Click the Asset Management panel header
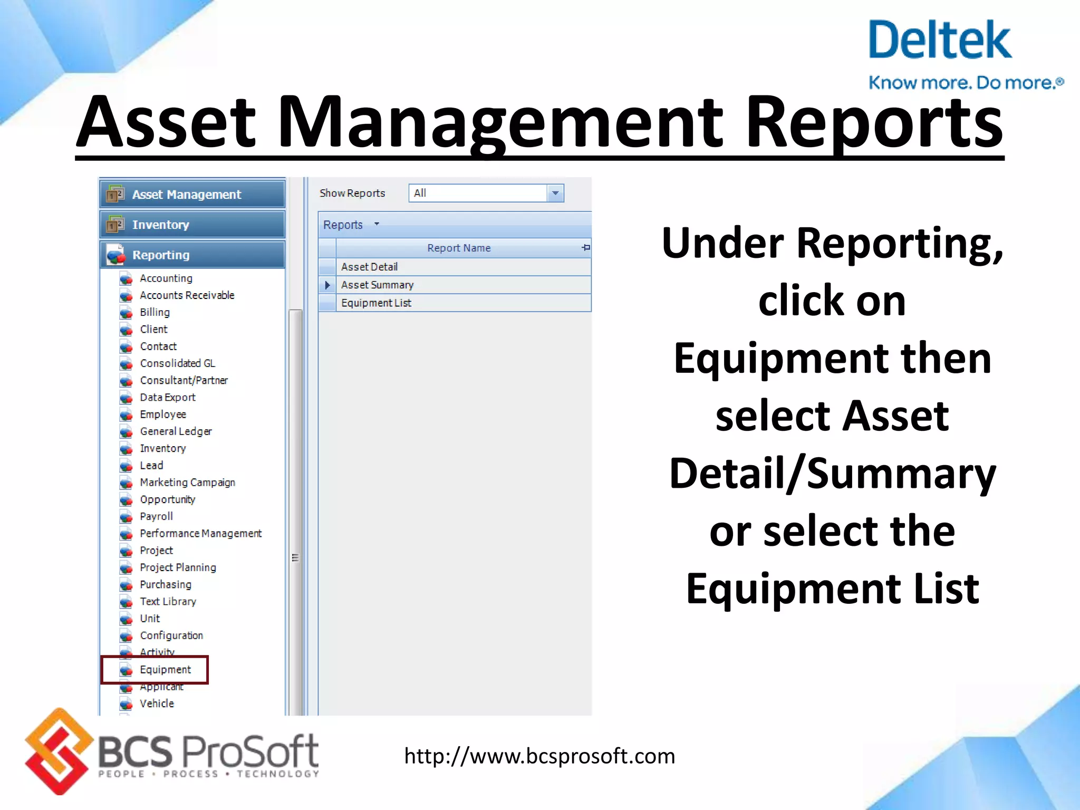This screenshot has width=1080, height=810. (192, 195)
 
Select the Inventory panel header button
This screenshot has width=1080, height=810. (192, 225)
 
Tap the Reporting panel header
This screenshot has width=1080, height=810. (192, 255)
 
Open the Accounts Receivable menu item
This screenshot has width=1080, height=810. (187, 295)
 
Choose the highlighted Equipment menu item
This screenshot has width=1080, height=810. (165, 670)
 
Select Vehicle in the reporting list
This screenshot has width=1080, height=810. (157, 703)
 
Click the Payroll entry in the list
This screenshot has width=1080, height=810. (156, 516)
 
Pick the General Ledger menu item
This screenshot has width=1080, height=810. (176, 431)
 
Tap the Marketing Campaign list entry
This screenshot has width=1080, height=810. (187, 483)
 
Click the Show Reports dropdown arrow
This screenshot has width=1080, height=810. (555, 193)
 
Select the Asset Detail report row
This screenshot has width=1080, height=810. (369, 267)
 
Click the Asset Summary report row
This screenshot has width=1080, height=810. (377, 285)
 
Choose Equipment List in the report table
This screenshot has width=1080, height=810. (376, 303)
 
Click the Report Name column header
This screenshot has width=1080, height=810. (459, 248)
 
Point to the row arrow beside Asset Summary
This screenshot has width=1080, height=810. (327, 285)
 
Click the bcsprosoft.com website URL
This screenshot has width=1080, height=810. (539, 756)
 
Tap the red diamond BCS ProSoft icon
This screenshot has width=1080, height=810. (57, 751)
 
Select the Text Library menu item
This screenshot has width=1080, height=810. (168, 602)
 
